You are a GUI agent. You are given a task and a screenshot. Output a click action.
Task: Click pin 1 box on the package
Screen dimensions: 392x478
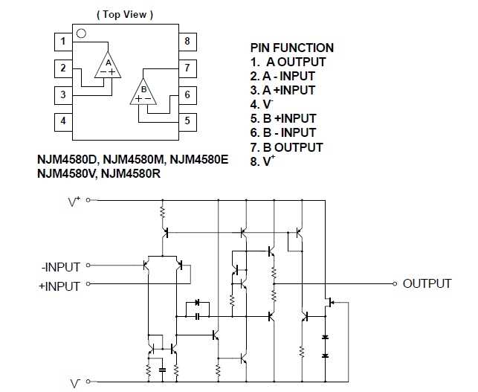coord(64,42)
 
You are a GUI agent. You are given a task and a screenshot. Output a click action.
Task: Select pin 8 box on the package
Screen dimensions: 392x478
coord(187,42)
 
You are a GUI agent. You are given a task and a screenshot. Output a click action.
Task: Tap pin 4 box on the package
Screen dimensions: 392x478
coord(64,121)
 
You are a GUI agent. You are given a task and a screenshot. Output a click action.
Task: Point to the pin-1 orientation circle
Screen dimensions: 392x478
coord(82,34)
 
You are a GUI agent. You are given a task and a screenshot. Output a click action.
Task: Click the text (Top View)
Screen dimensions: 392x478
coord(125,14)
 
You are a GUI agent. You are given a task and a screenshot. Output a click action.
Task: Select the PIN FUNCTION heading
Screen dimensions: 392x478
coord(292,48)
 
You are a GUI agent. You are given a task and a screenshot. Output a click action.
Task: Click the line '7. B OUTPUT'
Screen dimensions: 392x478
coord(287,147)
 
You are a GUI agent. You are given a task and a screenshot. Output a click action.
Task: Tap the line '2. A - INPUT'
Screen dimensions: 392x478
coord(282,76)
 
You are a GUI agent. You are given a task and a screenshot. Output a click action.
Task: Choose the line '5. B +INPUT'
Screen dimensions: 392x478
coord(283,118)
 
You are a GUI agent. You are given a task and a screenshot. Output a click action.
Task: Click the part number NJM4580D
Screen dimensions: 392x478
coord(68,159)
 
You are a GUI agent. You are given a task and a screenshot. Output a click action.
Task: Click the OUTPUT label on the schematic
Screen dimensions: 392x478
coord(427,283)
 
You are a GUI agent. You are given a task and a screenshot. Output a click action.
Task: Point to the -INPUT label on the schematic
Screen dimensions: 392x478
coord(63,265)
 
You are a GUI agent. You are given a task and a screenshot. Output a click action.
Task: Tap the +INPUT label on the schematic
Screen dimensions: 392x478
coord(62,285)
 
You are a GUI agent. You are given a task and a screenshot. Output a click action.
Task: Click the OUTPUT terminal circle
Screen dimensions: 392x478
coord(394,283)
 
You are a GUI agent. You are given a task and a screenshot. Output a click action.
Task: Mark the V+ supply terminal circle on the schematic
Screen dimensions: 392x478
coord(88,200)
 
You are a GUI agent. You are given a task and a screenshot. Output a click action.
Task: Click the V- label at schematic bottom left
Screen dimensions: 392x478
coord(76,383)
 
